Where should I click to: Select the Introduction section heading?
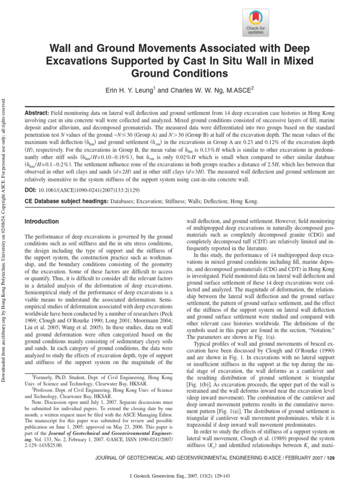click(x=42, y=221)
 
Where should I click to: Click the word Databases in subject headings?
click(x=125, y=201)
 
